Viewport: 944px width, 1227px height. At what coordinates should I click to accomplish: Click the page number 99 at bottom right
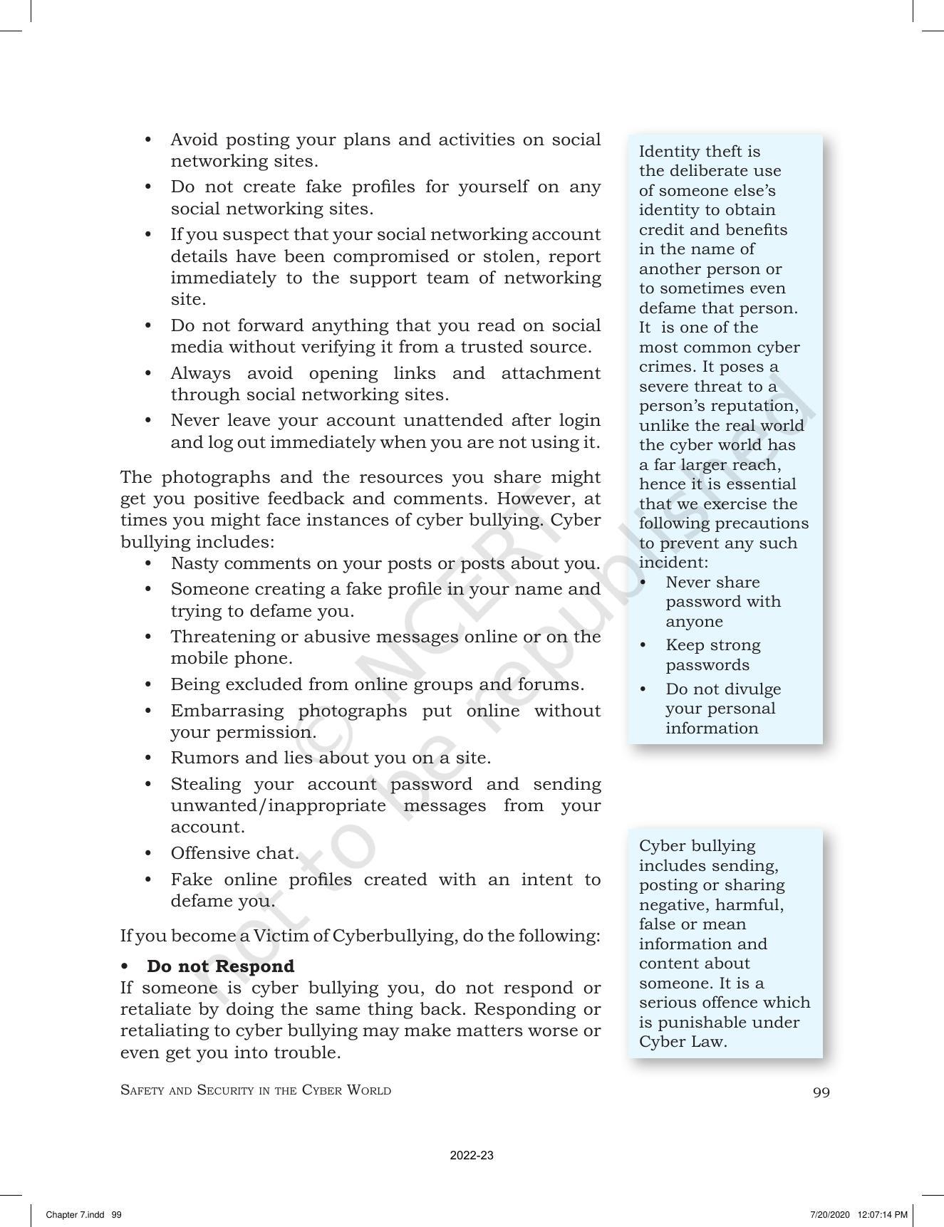click(821, 1092)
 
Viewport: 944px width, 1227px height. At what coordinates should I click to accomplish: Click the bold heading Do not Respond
click(220, 966)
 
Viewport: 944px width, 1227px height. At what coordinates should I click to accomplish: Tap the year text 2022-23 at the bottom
click(472, 1155)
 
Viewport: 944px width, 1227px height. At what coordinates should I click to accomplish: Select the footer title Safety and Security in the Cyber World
click(256, 1090)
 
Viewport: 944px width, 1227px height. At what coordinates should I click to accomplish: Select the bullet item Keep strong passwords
click(712, 654)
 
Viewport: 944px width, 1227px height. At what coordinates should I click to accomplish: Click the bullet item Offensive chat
click(234, 853)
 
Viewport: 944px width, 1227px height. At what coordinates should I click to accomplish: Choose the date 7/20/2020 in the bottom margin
click(828, 1214)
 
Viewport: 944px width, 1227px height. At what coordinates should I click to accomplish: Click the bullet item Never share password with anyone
click(722, 602)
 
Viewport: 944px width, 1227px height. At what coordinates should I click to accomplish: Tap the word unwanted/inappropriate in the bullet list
click(278, 805)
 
